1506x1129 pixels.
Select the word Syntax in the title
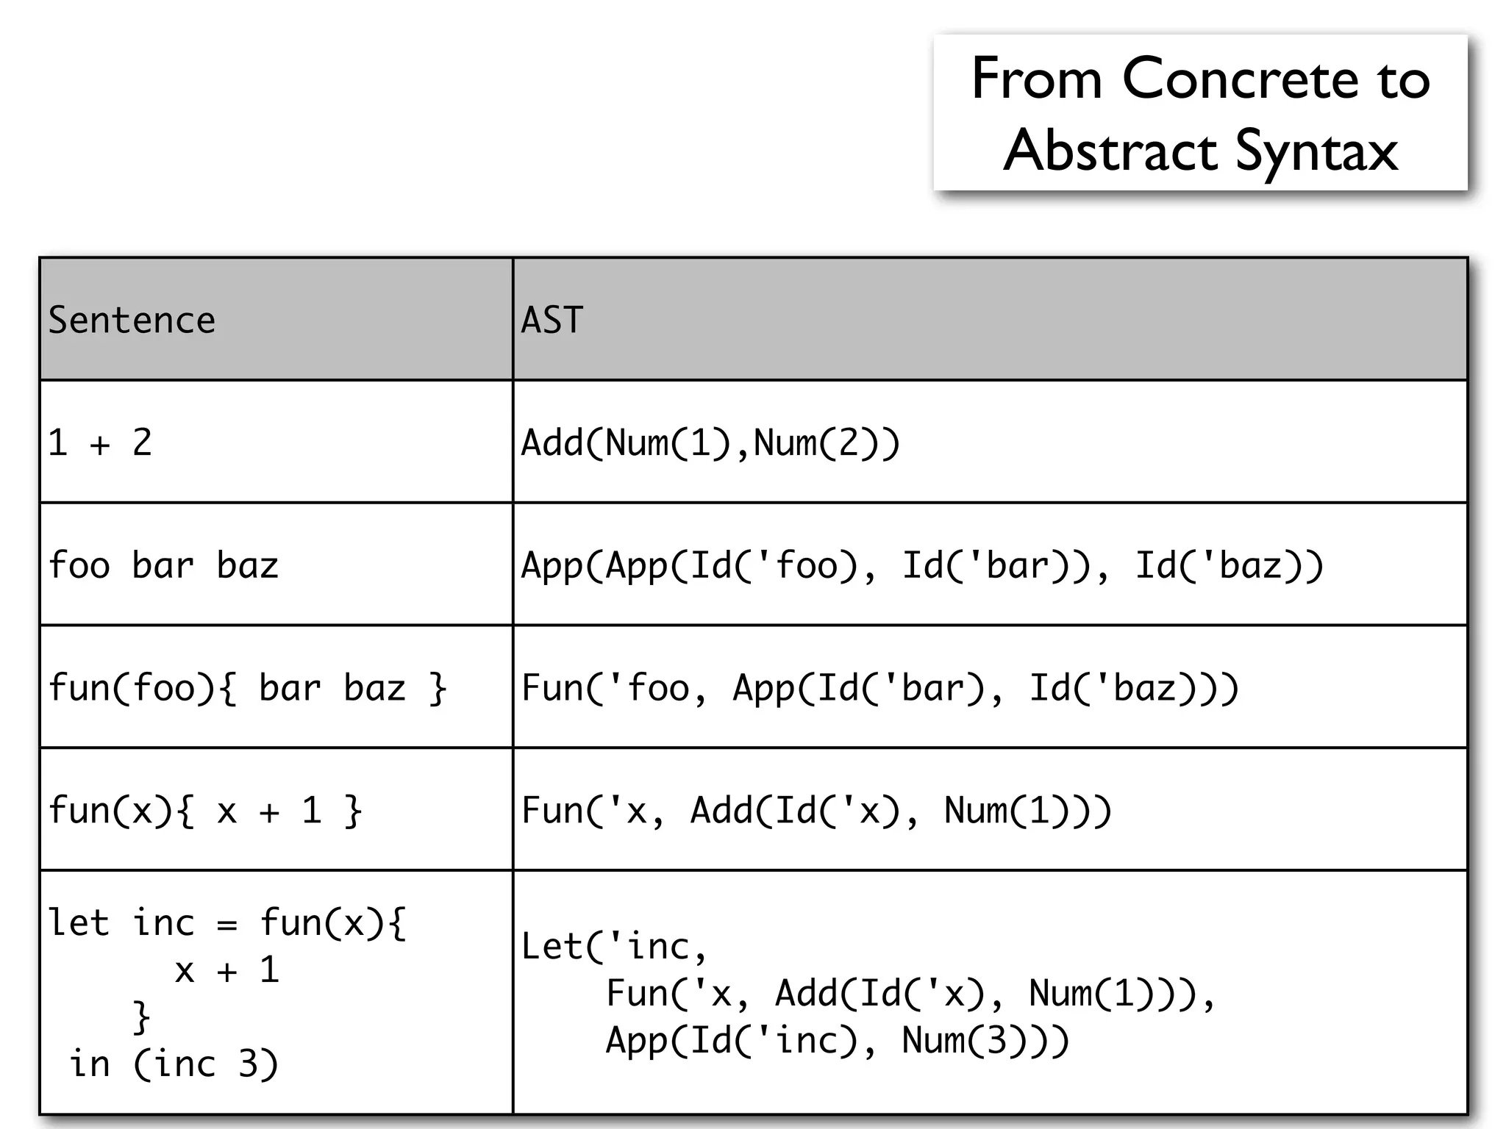pyautogui.click(x=1316, y=151)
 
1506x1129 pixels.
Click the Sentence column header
pyautogui.click(x=132, y=320)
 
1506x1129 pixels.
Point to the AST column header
pyautogui.click(x=552, y=320)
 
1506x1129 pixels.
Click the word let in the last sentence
pyautogui.click(x=78, y=922)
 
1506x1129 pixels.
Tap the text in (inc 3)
pyautogui.click(x=174, y=1064)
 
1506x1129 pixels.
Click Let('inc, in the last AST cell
pyautogui.click(x=614, y=947)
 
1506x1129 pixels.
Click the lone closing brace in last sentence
pyautogui.click(x=141, y=1017)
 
